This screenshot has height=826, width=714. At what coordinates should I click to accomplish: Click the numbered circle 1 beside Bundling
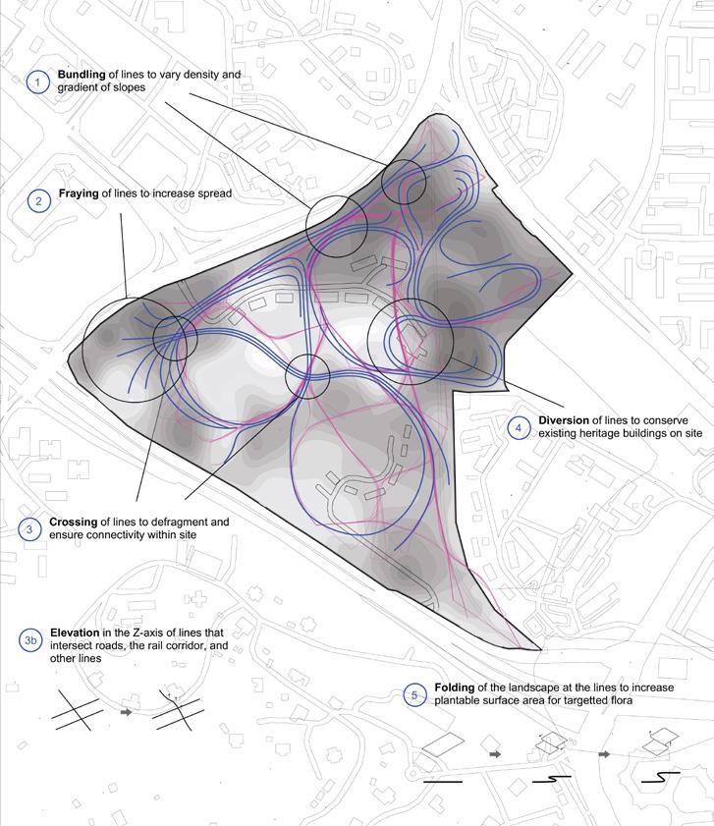[37, 83]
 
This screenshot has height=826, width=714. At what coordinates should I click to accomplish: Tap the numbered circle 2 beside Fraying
[38, 201]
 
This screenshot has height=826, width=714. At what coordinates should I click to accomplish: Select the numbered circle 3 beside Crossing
[30, 528]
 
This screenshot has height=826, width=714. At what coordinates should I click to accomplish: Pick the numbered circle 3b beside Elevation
[30, 640]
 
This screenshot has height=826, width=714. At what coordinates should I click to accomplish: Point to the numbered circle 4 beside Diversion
[518, 427]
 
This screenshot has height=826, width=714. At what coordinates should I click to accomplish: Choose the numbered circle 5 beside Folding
[413, 694]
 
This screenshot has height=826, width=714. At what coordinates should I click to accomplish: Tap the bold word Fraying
[80, 193]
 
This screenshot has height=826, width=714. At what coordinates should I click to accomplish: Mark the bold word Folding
[450, 688]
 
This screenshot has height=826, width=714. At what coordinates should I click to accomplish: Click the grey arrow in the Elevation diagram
[125, 711]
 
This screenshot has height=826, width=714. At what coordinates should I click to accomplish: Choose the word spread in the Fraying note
[215, 193]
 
